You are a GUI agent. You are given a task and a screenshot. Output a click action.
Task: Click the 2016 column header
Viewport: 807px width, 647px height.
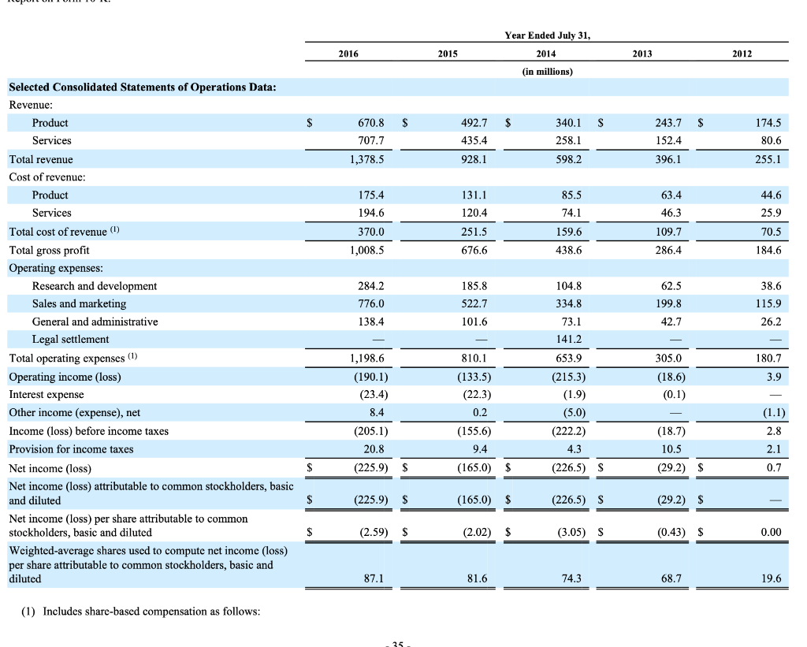348,54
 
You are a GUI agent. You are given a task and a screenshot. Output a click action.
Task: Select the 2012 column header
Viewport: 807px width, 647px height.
741,54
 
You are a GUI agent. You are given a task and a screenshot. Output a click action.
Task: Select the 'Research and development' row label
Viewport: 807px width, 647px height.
95,286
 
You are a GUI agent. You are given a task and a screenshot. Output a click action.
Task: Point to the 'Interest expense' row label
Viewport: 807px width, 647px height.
46,394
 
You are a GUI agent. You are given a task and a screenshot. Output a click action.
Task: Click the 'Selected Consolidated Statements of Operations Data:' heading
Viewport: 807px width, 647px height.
143,87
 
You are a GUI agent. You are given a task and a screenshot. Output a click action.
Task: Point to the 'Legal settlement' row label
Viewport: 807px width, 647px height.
71,340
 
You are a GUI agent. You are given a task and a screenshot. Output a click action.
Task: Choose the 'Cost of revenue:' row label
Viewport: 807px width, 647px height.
46,177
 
